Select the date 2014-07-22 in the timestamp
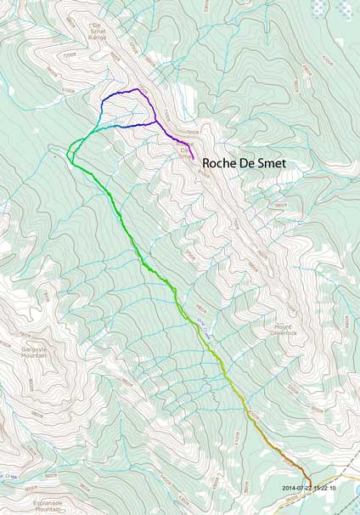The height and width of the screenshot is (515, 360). click(299, 488)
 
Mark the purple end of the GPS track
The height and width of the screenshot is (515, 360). click(194, 159)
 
